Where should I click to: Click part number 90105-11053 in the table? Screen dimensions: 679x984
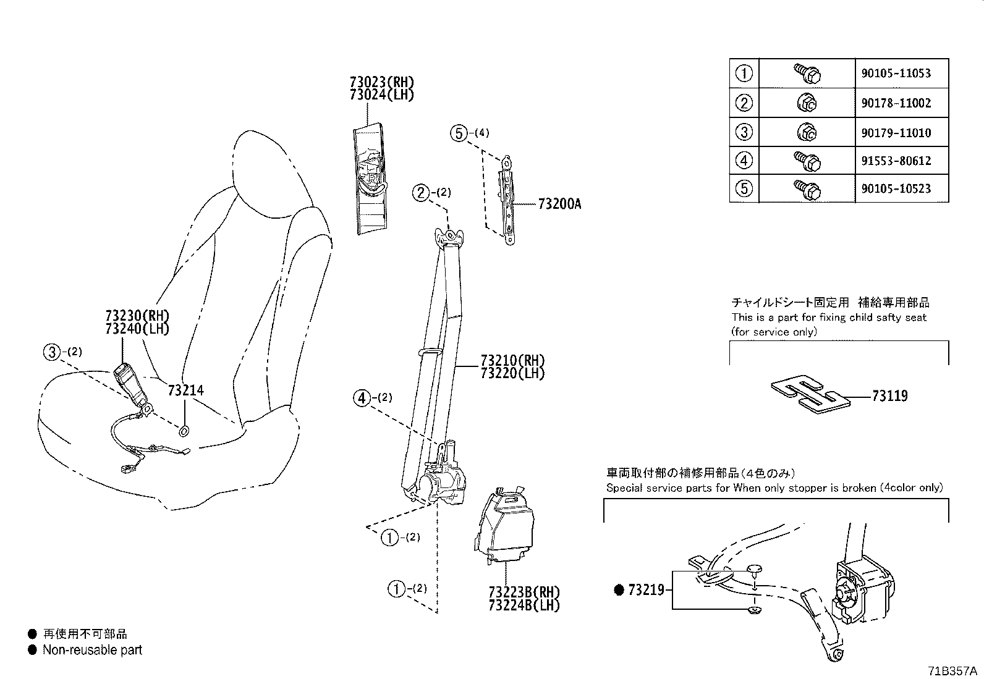[896, 73]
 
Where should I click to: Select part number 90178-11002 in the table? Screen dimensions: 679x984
[896, 103]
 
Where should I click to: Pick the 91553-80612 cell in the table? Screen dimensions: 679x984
[896, 161]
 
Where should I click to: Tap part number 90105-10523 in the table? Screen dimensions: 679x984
[896, 188]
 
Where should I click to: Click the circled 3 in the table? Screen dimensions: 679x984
[744, 132]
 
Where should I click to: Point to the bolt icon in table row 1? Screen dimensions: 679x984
[806, 74]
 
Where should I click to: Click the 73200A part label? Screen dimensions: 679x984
[559, 204]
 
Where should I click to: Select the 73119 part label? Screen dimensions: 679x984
[889, 396]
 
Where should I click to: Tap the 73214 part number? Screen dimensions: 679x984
[185, 390]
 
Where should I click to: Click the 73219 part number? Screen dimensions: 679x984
[646, 590]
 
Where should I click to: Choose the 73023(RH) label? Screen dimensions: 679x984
[381, 82]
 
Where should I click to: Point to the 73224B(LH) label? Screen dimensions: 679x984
[524, 605]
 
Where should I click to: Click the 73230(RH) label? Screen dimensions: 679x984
[137, 315]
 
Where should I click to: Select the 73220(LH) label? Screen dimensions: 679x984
[513, 373]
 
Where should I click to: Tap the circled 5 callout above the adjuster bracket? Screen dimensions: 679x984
[458, 132]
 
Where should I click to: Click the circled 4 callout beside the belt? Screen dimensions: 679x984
[362, 398]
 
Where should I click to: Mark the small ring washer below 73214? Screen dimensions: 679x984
[185, 431]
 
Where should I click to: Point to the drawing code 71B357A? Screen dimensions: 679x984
[952, 671]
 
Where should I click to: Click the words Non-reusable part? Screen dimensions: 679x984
[92, 650]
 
